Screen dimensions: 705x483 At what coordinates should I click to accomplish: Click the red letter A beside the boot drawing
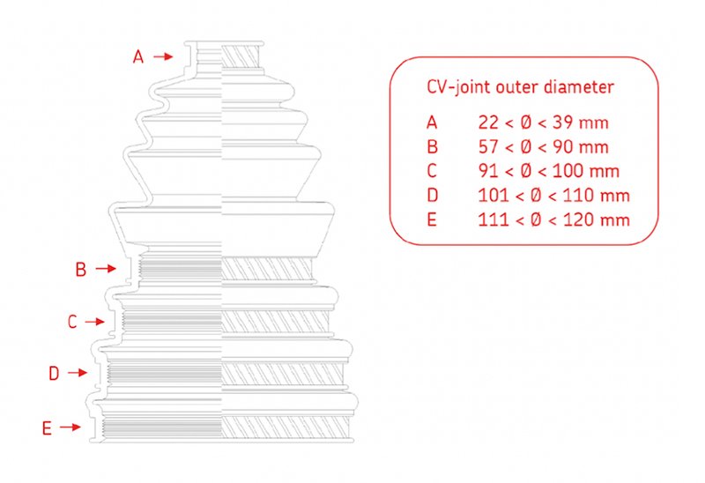coord(138,56)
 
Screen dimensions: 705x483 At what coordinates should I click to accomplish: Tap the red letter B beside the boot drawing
coord(81,270)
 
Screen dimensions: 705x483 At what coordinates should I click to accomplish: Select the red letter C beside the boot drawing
coord(72,322)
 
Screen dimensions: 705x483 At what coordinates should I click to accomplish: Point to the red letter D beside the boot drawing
coord(54,374)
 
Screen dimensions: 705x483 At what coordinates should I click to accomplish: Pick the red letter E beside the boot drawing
coord(47,428)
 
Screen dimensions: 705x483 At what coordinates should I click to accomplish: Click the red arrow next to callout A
coord(163,56)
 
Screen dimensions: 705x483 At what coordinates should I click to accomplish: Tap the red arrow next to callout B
coord(106,269)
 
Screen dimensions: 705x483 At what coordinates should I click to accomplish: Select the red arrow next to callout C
coord(95,322)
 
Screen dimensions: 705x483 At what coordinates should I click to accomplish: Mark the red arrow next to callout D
coord(78,372)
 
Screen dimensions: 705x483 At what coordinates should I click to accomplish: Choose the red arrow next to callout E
coord(70,427)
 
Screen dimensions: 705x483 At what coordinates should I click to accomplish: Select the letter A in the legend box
coord(432,123)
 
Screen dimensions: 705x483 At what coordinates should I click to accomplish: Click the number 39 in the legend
coord(562,123)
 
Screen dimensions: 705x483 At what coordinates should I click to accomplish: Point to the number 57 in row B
coord(488,146)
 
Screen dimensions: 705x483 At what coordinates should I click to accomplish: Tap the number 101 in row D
coord(493,195)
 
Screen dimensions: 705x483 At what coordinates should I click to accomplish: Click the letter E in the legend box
coord(432,219)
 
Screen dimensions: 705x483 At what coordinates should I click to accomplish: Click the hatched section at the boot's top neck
coord(241,57)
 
